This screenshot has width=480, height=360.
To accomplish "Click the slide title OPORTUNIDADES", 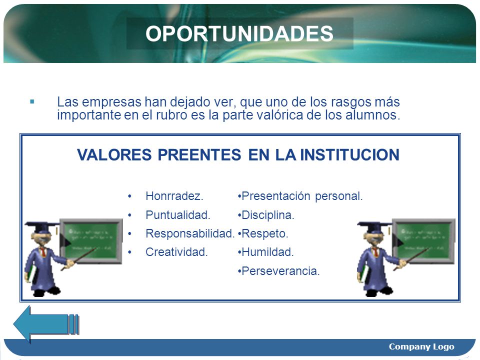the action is [239, 33].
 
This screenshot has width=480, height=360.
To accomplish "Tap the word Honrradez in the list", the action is [174, 196].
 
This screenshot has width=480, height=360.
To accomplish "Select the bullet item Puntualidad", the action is [178, 215].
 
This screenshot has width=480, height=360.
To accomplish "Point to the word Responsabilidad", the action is [190, 233].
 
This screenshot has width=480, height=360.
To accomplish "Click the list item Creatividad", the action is [176, 252].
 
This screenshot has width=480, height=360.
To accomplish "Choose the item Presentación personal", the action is [302, 196].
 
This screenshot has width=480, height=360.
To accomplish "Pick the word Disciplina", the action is [268, 215].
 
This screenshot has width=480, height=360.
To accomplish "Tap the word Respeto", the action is [265, 233].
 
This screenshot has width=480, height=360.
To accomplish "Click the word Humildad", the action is [267, 252].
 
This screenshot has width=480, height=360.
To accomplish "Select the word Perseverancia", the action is [280, 271].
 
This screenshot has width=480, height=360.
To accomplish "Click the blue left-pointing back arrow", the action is [46, 324].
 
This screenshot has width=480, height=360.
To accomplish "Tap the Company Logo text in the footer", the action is [421, 346].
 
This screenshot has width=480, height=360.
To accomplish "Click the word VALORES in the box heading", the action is [114, 154].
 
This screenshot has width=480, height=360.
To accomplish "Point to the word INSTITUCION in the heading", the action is [349, 154].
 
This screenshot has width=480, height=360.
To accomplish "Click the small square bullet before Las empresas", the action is [32, 101].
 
